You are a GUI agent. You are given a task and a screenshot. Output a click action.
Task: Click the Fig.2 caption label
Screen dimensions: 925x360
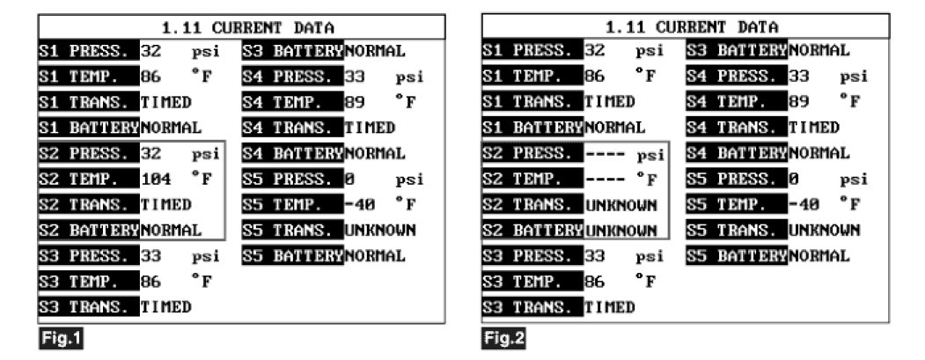pyautogui.click(x=504, y=337)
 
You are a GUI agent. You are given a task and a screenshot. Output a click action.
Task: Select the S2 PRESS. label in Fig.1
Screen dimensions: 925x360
pyautogui.click(x=87, y=153)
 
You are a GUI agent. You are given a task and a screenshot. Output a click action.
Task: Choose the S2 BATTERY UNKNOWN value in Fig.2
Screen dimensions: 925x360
pyautogui.click(x=621, y=231)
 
